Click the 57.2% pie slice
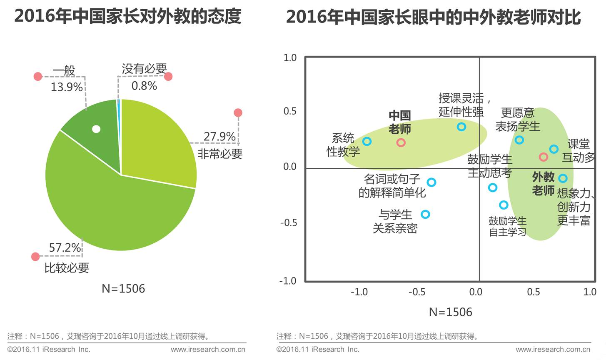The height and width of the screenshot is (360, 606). point(117,208)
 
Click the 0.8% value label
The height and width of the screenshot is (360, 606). point(144,86)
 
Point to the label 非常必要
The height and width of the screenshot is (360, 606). point(220,154)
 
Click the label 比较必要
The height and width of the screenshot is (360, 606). point(67,268)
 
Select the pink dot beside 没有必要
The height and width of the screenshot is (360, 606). point(168,76)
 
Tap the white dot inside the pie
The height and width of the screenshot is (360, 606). point(96,129)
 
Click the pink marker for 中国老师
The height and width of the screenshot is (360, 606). point(401,143)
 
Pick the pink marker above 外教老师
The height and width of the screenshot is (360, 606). point(543,157)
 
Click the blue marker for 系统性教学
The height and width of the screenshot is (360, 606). point(367,142)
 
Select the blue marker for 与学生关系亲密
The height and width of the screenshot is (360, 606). point(425,215)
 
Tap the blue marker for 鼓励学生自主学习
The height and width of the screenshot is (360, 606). point(504,205)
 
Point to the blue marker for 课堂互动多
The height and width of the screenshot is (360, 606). point(554,149)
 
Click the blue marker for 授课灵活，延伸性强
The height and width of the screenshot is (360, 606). point(461,127)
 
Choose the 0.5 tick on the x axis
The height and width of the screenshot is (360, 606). point(533,292)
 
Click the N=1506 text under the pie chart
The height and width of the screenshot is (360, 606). point(123,289)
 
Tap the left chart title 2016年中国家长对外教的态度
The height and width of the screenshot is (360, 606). point(127,17)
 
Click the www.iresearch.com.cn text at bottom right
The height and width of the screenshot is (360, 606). point(553,350)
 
